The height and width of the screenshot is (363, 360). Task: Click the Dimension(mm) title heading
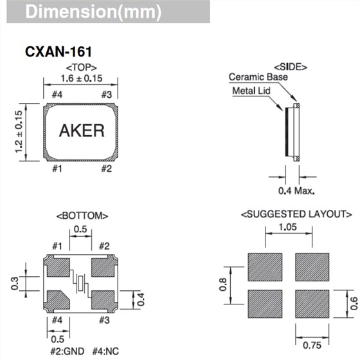(x=93, y=12)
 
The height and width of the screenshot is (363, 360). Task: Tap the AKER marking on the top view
(x=81, y=131)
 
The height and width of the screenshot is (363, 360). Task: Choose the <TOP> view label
(x=80, y=66)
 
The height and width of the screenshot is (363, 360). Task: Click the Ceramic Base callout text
(x=258, y=77)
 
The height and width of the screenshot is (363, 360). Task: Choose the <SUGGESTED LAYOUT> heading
(x=296, y=214)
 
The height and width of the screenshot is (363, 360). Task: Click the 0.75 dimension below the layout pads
(x=312, y=346)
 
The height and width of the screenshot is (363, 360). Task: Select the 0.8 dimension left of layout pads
(x=223, y=284)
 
